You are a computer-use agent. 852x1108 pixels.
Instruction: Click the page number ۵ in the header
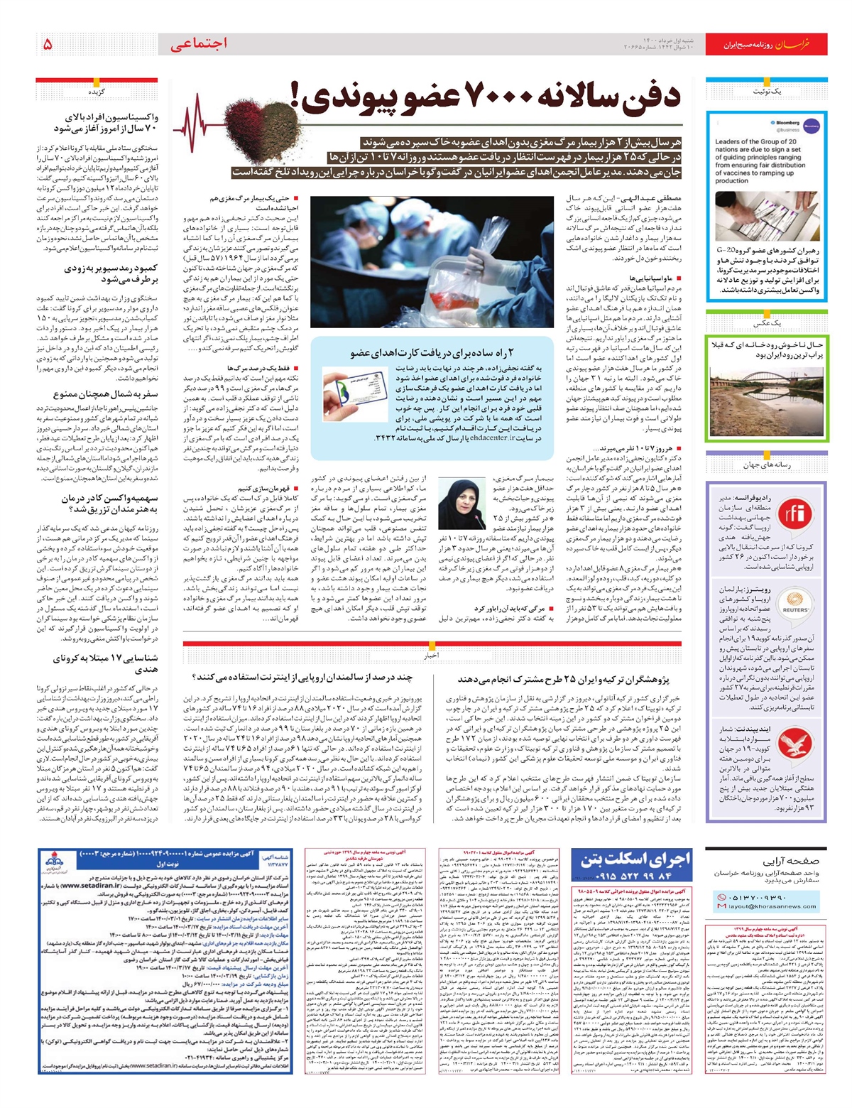(x=48, y=44)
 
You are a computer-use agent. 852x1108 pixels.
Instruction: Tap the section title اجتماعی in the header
(x=200, y=44)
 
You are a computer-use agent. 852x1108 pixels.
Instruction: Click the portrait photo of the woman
(x=461, y=504)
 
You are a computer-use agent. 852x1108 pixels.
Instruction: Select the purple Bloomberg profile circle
(x=812, y=126)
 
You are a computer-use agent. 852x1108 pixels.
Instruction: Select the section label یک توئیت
(x=767, y=92)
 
